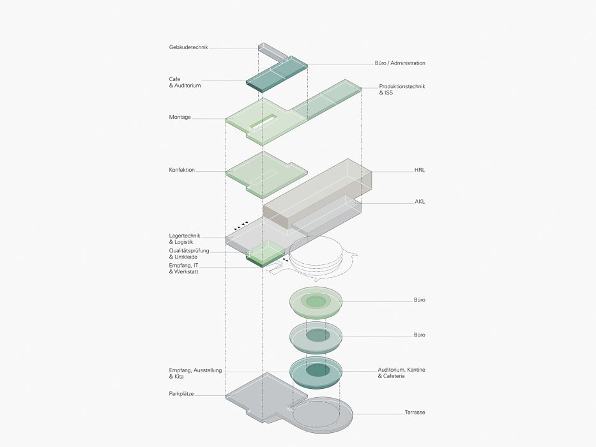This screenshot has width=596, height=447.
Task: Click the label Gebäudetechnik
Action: pos(188,47)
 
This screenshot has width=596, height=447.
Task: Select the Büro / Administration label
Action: pos(400,63)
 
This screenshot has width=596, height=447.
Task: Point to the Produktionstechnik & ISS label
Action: pos(402,89)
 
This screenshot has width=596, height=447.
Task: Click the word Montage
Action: pos(180,117)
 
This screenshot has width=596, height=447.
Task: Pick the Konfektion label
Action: pos(181,170)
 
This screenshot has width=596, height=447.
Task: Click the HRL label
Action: pos(420,171)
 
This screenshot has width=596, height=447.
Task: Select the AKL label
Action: pos(420,202)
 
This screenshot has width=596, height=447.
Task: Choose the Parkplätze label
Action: pos(181,395)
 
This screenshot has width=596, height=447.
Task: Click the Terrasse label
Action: pos(415,413)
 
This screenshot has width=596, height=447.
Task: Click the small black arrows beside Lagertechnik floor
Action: pos(241,225)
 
